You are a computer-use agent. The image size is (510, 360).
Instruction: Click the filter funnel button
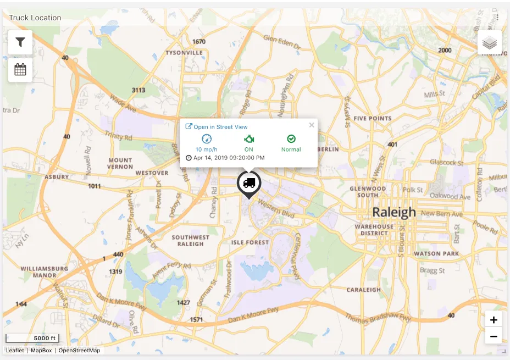(20, 42)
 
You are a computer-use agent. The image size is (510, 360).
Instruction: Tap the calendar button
(20, 70)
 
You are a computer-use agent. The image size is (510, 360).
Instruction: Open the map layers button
(490, 42)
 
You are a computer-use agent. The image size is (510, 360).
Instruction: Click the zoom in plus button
(494, 320)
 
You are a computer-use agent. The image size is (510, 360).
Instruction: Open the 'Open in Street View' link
(217, 127)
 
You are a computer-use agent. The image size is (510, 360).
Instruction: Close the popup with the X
(312, 125)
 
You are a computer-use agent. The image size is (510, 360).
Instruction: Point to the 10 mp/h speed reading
(207, 149)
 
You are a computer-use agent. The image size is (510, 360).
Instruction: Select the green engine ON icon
(249, 139)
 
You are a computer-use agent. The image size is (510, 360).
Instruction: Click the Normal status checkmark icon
(291, 139)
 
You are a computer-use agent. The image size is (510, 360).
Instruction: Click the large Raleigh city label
(394, 212)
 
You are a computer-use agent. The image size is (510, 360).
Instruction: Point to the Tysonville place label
(184, 53)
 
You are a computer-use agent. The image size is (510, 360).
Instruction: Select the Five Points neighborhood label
(373, 118)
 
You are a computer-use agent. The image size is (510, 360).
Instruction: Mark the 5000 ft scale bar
(32, 339)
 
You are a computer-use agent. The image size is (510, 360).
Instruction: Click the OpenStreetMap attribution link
(79, 350)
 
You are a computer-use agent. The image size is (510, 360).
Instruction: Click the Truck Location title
(35, 18)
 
